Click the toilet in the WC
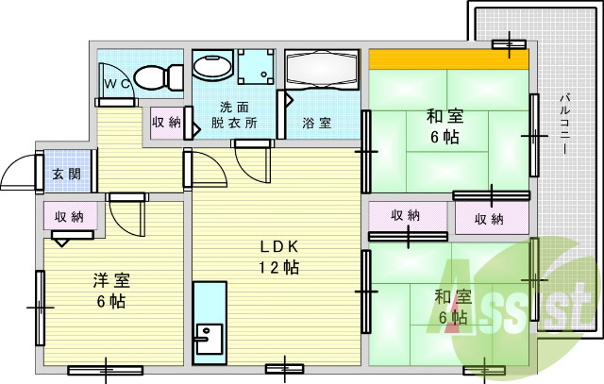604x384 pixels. point(159,75)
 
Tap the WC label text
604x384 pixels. point(117,84)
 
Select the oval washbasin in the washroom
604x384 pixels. point(213,66)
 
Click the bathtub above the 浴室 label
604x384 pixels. point(321,70)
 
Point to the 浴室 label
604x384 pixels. point(316,123)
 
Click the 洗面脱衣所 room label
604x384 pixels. point(232,115)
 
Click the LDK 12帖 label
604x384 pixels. point(279,257)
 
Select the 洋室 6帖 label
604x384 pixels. point(110,291)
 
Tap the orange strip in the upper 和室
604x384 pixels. point(447,59)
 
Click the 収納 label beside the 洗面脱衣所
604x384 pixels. point(167,123)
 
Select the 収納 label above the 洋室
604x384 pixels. point(69,217)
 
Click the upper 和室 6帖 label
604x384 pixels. point(444,127)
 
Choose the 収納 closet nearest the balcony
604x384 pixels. point(490,219)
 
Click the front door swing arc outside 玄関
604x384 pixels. point(20,174)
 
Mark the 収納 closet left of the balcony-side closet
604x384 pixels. point(407,216)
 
